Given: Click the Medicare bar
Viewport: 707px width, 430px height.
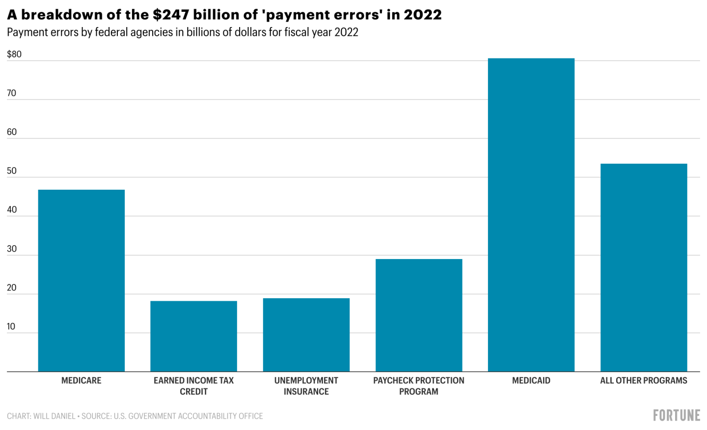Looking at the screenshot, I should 82,281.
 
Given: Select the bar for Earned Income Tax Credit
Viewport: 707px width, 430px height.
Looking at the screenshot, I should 193,336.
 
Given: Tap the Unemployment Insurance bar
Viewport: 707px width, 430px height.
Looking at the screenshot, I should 306,335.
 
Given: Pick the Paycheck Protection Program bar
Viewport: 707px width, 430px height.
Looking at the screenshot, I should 419,315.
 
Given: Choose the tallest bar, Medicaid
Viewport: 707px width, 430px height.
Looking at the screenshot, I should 531,215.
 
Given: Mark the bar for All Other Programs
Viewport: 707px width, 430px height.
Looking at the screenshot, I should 644,267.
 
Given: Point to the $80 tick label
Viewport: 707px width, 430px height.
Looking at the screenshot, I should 14,54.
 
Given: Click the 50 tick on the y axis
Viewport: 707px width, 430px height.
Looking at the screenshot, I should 12,171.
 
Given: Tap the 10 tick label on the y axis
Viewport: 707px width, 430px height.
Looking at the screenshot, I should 11,326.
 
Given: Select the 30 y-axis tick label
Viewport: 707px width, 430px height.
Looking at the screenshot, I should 12,249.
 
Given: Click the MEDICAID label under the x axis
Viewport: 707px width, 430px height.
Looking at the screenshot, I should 531,380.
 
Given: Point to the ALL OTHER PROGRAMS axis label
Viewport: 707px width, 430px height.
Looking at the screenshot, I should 644,380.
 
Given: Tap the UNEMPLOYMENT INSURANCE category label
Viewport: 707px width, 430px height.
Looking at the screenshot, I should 306,386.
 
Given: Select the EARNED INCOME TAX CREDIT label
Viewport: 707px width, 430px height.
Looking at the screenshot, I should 193,386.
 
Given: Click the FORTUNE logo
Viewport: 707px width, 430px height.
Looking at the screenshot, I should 677,415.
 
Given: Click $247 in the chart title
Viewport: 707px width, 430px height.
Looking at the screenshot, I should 171,15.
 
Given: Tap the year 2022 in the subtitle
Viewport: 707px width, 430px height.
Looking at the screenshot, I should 347,32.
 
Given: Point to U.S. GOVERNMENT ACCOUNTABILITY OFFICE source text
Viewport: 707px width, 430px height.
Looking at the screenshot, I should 188,416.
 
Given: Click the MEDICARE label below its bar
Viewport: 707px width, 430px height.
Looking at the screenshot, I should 82,380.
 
